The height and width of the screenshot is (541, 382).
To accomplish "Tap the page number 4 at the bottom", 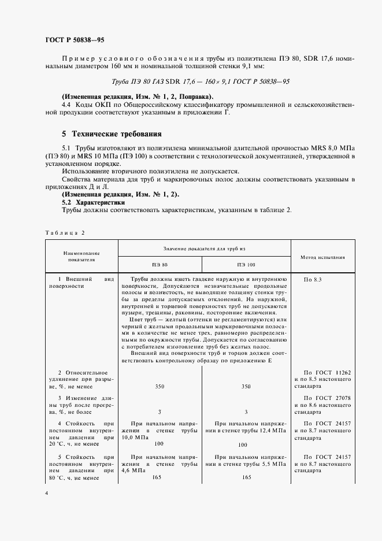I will point(46,493).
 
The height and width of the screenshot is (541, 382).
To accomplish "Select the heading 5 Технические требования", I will point(112,134).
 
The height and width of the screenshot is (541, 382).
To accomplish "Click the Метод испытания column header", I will point(323,256).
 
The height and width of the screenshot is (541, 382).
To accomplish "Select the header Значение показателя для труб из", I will point(205,248).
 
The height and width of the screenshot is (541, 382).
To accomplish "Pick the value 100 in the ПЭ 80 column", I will point(158,444).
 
